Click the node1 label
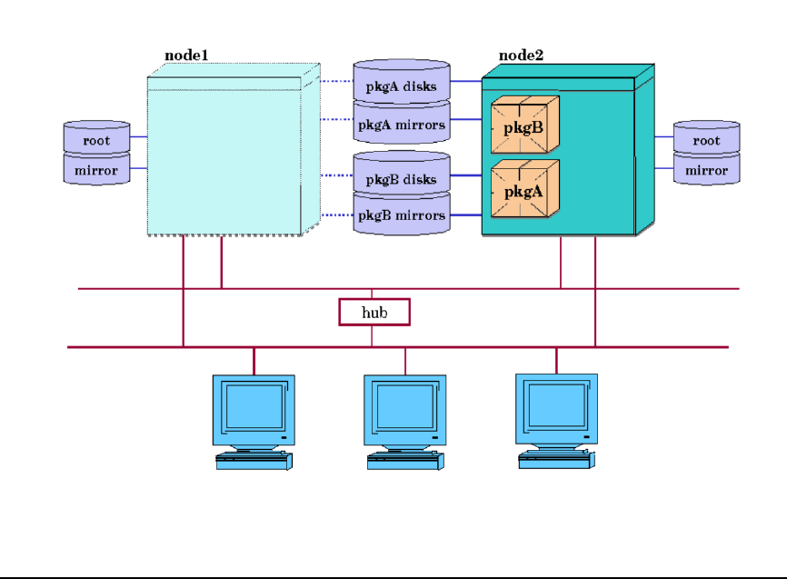[186, 56]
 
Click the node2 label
[521, 56]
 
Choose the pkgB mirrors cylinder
[402, 216]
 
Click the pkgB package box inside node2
[524, 125]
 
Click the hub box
[374, 312]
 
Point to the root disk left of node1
[96, 138]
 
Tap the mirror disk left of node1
[96, 169]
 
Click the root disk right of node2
[706, 138]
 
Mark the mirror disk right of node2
[706, 169]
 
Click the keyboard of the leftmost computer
[254, 462]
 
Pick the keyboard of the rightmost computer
[556, 462]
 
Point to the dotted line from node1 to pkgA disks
[336, 81]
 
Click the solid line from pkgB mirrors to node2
[466, 215]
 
